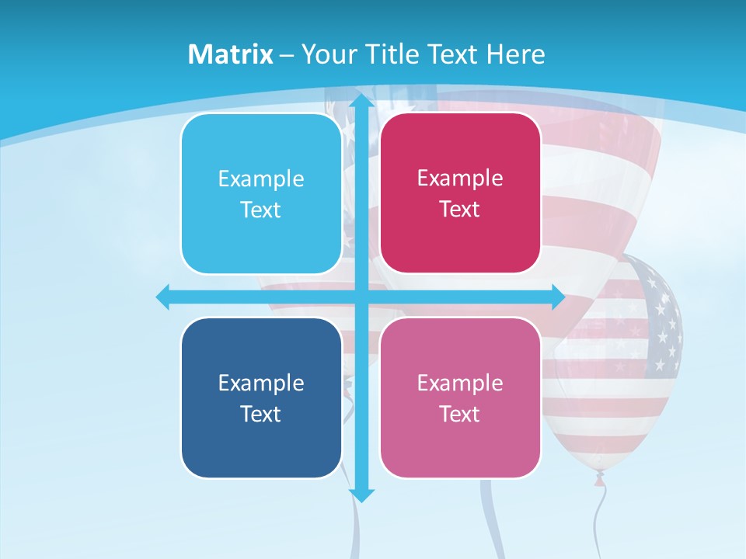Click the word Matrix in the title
tap(230, 54)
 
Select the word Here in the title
tap(516, 54)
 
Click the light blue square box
tap(261, 194)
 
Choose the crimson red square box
tap(460, 194)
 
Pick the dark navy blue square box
tap(261, 398)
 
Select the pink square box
tap(460, 398)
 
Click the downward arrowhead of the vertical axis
tap(361, 494)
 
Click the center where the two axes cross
tap(361, 297)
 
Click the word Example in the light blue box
tap(261, 179)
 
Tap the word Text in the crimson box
tap(460, 210)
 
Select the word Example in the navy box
tap(261, 383)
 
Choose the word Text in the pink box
tap(460, 414)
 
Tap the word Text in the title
tap(451, 54)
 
